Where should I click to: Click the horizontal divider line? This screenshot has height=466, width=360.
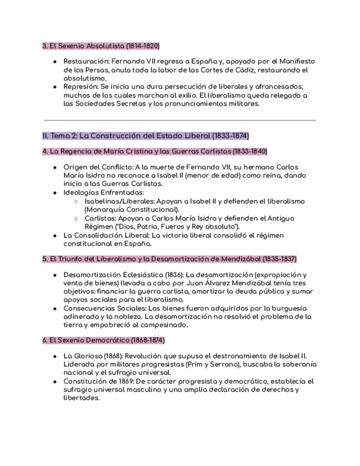pos(180,120)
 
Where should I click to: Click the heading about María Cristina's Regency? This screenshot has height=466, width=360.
pos(154,151)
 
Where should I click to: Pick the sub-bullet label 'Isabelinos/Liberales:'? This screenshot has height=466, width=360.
pos(120,201)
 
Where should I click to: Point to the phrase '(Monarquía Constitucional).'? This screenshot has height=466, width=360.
pos(131,209)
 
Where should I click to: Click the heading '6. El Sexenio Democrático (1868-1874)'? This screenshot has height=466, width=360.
pos(103,340)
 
